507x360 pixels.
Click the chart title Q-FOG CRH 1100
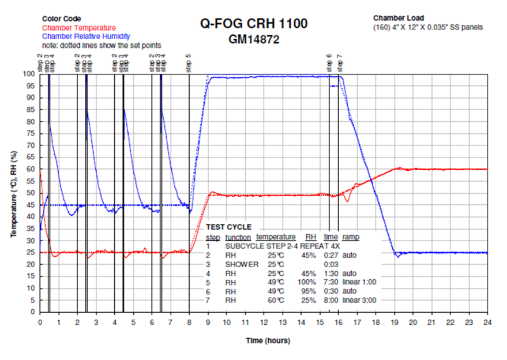point(253,24)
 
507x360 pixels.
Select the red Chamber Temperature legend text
point(78,28)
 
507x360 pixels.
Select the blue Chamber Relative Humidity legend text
point(86,36)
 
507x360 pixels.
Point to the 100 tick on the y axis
point(30,74)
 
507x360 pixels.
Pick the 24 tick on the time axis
point(487,321)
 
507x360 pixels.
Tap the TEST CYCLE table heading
point(229,227)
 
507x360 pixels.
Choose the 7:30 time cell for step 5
point(331,282)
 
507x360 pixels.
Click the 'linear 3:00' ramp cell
point(360,300)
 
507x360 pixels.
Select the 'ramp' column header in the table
point(350,237)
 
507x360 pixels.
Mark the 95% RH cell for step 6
point(311,291)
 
